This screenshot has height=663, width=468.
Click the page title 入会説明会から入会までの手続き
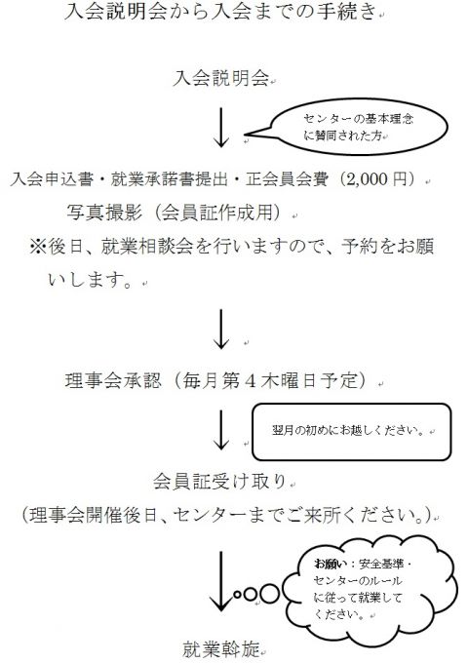219,12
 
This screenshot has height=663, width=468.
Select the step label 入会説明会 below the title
220,78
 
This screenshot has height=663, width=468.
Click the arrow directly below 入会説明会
220,128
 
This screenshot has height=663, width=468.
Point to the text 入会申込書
52,179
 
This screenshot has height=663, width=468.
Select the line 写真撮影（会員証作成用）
174,213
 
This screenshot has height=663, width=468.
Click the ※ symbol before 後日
38,247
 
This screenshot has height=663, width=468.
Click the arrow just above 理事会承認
221,329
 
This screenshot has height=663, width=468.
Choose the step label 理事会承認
113,380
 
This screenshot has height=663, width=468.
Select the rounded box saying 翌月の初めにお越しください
352,432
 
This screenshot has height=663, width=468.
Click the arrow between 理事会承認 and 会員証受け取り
220,429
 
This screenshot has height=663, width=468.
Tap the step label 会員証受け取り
219,482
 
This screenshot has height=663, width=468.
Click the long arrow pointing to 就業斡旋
220,581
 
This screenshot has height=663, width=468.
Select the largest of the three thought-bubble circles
270,593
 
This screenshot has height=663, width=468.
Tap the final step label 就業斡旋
220,649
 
